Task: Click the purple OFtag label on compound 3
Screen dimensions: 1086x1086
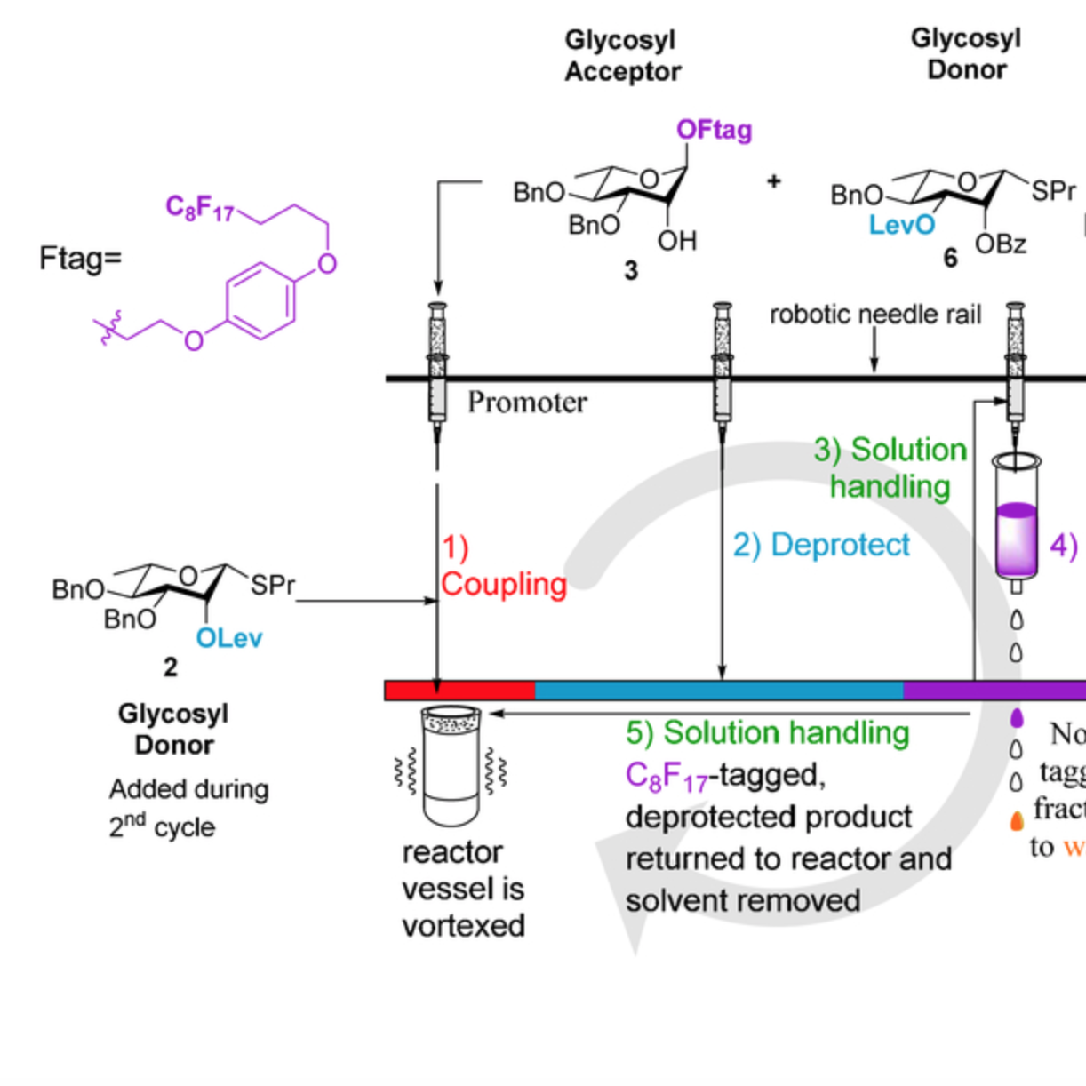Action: point(714,130)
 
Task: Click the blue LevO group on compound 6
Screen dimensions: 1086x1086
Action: point(901,225)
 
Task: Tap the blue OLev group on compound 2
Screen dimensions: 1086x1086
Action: point(229,638)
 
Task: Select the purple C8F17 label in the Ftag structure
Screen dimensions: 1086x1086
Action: point(200,208)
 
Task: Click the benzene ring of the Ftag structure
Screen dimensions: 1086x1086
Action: point(260,300)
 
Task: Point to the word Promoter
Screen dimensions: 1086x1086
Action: point(527,403)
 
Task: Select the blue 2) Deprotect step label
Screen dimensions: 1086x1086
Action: point(821,545)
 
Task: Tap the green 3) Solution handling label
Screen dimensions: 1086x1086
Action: point(890,467)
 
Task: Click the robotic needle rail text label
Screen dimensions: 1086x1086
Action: point(874,315)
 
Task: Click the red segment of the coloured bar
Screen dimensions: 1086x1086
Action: point(459,691)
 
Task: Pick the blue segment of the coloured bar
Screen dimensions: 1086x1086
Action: point(718,691)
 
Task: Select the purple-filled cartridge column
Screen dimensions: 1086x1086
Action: point(1016,539)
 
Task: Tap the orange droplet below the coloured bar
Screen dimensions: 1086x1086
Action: point(1017,820)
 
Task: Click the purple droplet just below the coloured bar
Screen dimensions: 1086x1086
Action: point(1017,717)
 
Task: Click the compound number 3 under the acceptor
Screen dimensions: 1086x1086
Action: point(631,270)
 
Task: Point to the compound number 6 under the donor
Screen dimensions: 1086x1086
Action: point(950,258)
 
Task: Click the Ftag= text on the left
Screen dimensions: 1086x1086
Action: point(80,259)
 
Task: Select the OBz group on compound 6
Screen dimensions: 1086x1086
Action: point(1001,244)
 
